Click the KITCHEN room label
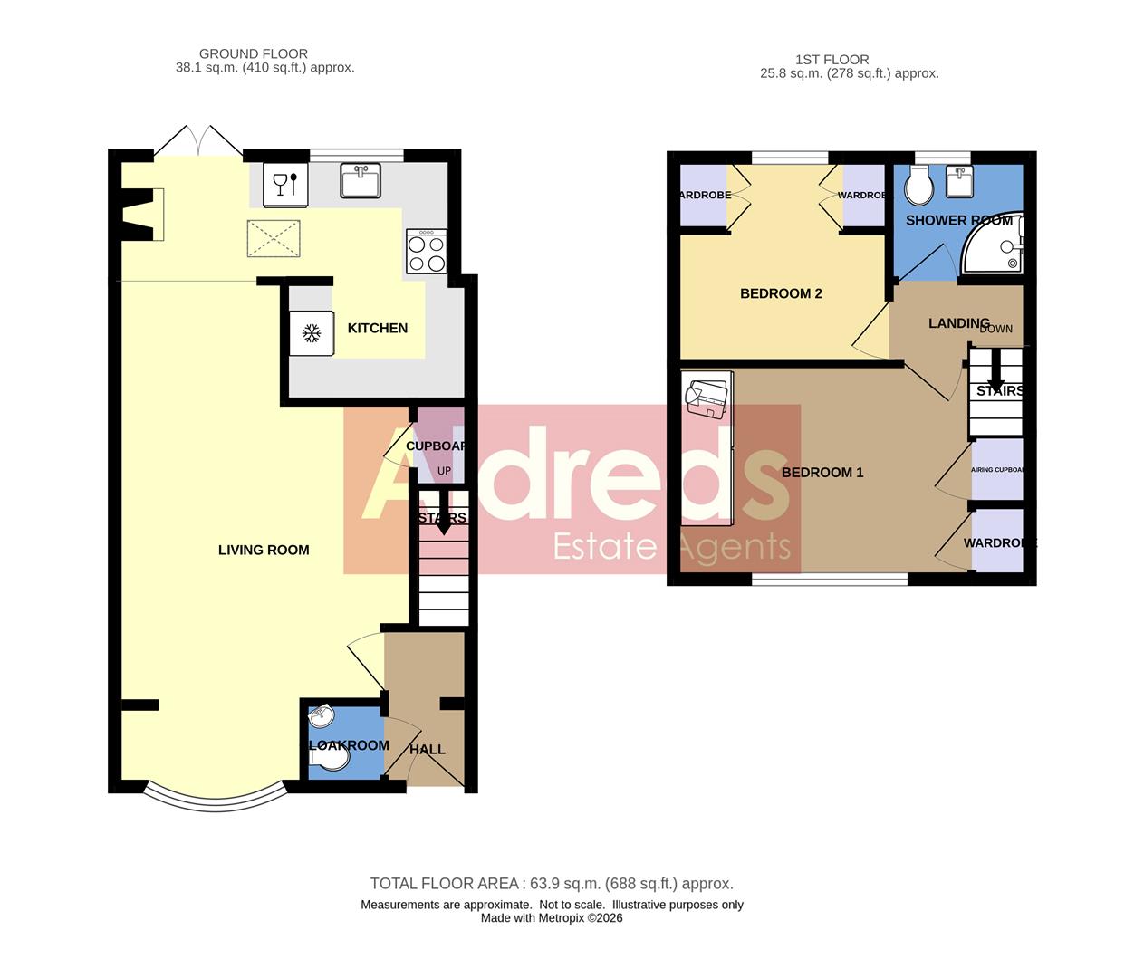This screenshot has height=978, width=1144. pos(377,328)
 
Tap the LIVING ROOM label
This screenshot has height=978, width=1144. pos(264,550)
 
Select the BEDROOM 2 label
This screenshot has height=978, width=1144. pos(781,293)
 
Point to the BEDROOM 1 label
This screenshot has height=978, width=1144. pos(822,472)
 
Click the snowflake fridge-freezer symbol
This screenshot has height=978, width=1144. pos(312,334)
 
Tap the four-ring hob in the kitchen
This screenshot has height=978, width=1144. pos(426,251)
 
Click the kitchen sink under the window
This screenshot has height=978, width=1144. pos(361,179)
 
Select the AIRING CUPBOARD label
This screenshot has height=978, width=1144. pos(996,470)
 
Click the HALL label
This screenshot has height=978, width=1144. pos(427,749)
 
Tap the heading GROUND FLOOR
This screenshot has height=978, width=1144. pos(254,53)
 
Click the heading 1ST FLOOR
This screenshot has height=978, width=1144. pos(832,60)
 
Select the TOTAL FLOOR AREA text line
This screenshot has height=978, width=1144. pos(551,883)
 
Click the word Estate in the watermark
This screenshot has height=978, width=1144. pos(604,546)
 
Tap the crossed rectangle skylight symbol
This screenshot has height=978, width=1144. pos(274,239)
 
